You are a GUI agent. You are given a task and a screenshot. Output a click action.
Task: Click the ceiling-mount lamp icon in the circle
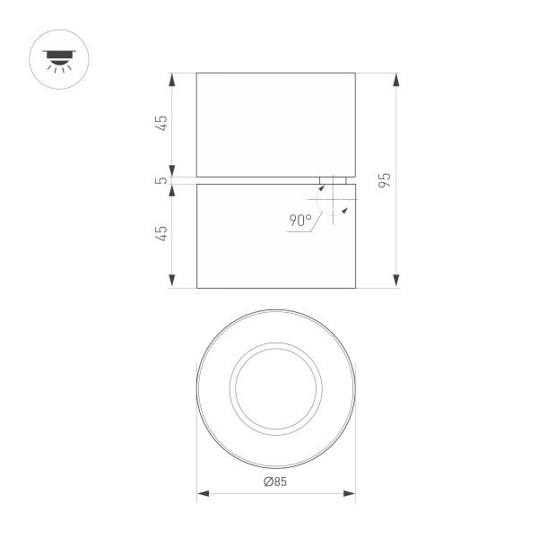point(61,60)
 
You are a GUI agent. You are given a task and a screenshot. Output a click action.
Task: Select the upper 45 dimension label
point(161,124)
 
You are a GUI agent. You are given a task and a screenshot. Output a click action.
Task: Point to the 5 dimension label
point(161,180)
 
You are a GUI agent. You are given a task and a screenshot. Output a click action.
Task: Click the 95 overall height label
point(385,179)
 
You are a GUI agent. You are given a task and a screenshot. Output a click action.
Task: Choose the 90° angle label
point(300,220)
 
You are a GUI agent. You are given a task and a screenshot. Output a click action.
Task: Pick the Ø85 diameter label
point(275,482)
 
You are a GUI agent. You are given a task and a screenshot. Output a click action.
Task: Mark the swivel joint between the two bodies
point(332,180)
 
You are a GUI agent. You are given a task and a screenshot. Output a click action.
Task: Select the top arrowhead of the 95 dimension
point(396,79)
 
